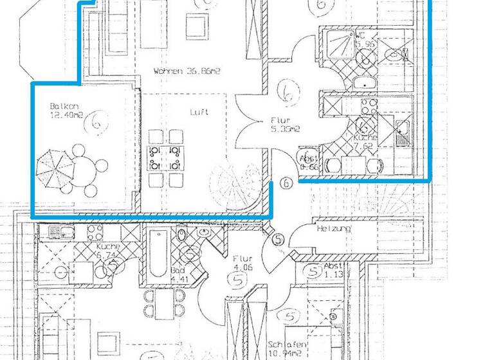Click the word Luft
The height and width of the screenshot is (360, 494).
click(198, 111)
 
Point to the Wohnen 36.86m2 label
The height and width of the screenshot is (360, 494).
click(187, 72)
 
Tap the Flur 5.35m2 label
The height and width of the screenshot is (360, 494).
click(281, 124)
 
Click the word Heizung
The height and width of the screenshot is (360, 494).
click(333, 229)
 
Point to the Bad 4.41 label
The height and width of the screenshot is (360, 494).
click(179, 275)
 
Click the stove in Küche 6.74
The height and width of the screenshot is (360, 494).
click(95, 231)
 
